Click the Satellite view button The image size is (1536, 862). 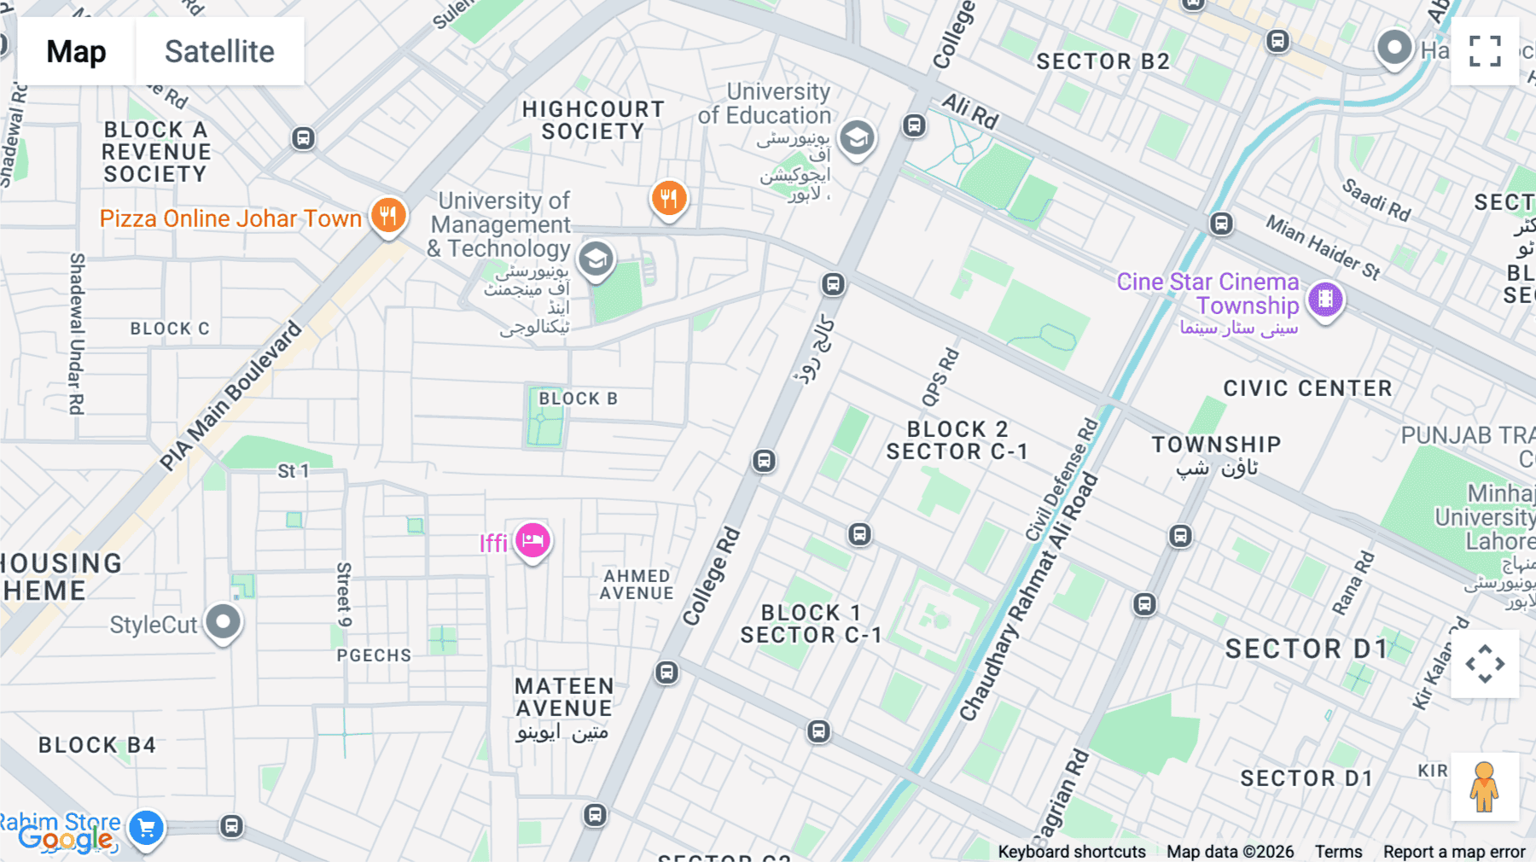[x=219, y=51]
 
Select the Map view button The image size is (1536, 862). [x=76, y=51]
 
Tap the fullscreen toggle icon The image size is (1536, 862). [x=1484, y=51]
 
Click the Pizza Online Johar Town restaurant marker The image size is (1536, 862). [x=388, y=215]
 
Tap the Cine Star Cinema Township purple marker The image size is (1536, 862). [x=1325, y=300]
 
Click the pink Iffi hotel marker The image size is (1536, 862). [x=532, y=540]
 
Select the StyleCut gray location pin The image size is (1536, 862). [x=224, y=622]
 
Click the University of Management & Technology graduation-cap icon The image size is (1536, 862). [x=596, y=259]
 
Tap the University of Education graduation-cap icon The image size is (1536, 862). [x=857, y=137]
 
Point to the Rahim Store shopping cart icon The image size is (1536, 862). [x=147, y=827]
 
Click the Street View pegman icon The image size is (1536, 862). [x=1484, y=786]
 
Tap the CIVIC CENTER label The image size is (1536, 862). [x=1307, y=388]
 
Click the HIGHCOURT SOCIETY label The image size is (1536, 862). [x=593, y=120]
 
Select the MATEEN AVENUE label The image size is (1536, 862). [x=564, y=697]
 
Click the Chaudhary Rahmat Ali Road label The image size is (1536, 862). [x=1028, y=597]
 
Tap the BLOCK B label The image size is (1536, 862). [x=578, y=399]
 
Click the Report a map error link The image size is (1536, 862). [x=1453, y=851]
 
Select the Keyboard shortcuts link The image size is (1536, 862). [x=1071, y=851]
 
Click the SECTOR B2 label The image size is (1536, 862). [x=1103, y=61]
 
